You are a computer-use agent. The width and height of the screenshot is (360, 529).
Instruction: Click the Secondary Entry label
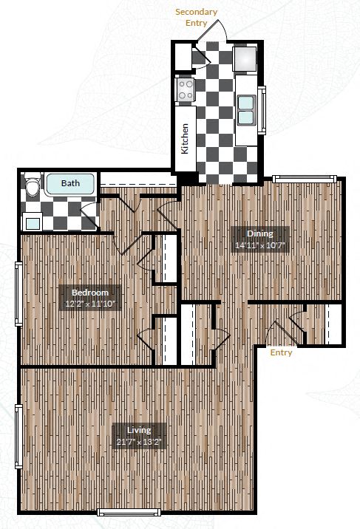[x=196, y=17]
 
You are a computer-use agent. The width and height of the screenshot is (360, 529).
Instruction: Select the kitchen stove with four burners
[x=185, y=91]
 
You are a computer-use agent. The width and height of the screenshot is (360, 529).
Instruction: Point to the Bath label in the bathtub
[x=70, y=183]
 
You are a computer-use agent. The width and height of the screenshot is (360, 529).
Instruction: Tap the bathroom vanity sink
[x=32, y=221]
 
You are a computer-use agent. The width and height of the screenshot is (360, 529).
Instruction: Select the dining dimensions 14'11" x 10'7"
[x=259, y=246]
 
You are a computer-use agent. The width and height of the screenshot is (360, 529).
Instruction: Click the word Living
[x=138, y=430]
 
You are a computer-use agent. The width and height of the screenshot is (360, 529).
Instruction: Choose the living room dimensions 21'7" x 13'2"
[x=138, y=442]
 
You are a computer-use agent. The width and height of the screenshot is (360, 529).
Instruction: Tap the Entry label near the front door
[x=281, y=352]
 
